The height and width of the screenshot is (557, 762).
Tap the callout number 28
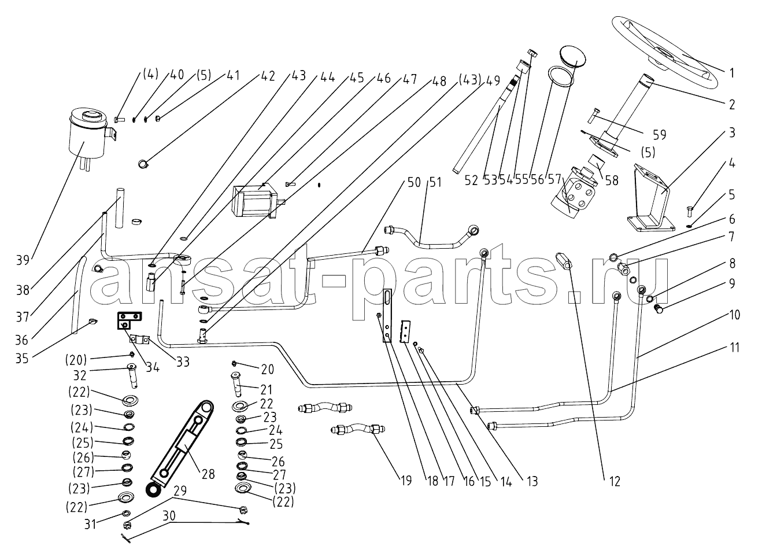pyautogui.click(x=208, y=474)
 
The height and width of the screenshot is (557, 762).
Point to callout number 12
pyautogui.click(x=615, y=481)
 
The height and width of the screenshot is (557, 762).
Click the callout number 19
pyautogui.click(x=407, y=481)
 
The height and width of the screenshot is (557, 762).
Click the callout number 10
pyautogui.click(x=734, y=316)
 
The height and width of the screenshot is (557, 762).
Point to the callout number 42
pyautogui.click(x=267, y=76)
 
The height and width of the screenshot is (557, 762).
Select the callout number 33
pyautogui.click(x=183, y=363)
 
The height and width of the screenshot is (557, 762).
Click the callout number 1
pyautogui.click(x=731, y=73)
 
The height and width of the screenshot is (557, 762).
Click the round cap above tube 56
pyautogui.click(x=573, y=57)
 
